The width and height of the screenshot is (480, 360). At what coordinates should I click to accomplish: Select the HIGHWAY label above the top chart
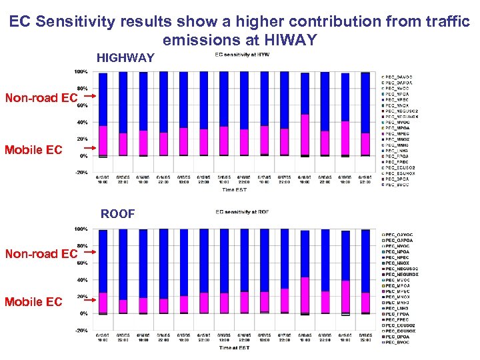click(125, 59)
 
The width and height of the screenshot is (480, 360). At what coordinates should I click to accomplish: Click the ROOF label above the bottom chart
click(117, 214)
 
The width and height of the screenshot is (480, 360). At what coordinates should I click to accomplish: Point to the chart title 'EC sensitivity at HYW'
click(242, 55)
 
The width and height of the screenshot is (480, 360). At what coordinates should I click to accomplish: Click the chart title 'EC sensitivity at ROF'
click(242, 212)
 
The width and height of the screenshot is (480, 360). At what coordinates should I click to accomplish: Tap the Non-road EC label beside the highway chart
click(41, 99)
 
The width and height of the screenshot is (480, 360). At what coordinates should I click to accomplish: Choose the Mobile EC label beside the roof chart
click(33, 302)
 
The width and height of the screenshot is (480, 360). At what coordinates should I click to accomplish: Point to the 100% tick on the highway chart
click(81, 71)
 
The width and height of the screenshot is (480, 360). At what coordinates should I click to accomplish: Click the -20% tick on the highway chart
click(80, 173)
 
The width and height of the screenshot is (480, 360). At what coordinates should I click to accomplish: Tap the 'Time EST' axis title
click(235, 189)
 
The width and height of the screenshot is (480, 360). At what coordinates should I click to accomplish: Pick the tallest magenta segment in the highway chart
click(305, 135)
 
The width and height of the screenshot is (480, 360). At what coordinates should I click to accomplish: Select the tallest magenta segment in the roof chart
click(305, 295)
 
